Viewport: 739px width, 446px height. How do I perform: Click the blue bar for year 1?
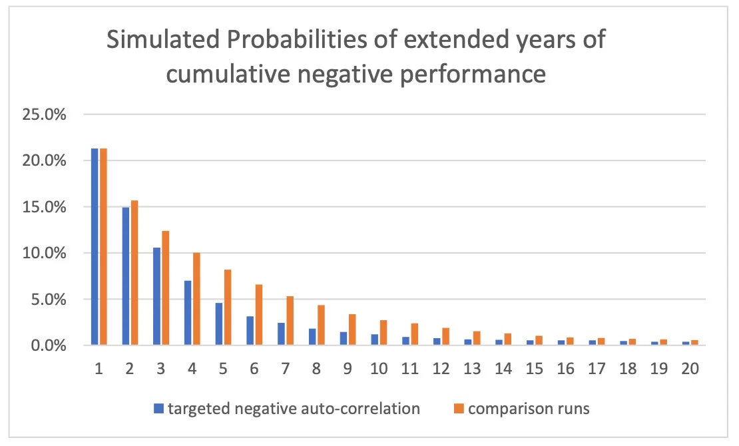click(95, 246)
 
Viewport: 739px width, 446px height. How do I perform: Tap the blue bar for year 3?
click(157, 296)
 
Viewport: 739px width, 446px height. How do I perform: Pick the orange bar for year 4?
click(196, 299)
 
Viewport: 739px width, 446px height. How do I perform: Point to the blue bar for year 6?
click(250, 331)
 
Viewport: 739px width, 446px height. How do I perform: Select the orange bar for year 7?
click(290, 321)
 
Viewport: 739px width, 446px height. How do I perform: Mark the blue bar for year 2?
click(126, 276)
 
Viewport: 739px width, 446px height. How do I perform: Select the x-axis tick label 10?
click(379, 368)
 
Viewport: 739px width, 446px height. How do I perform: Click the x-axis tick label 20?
click(690, 368)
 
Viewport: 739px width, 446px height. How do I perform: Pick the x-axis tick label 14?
click(503, 368)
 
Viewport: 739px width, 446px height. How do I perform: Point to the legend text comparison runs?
click(529, 409)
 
